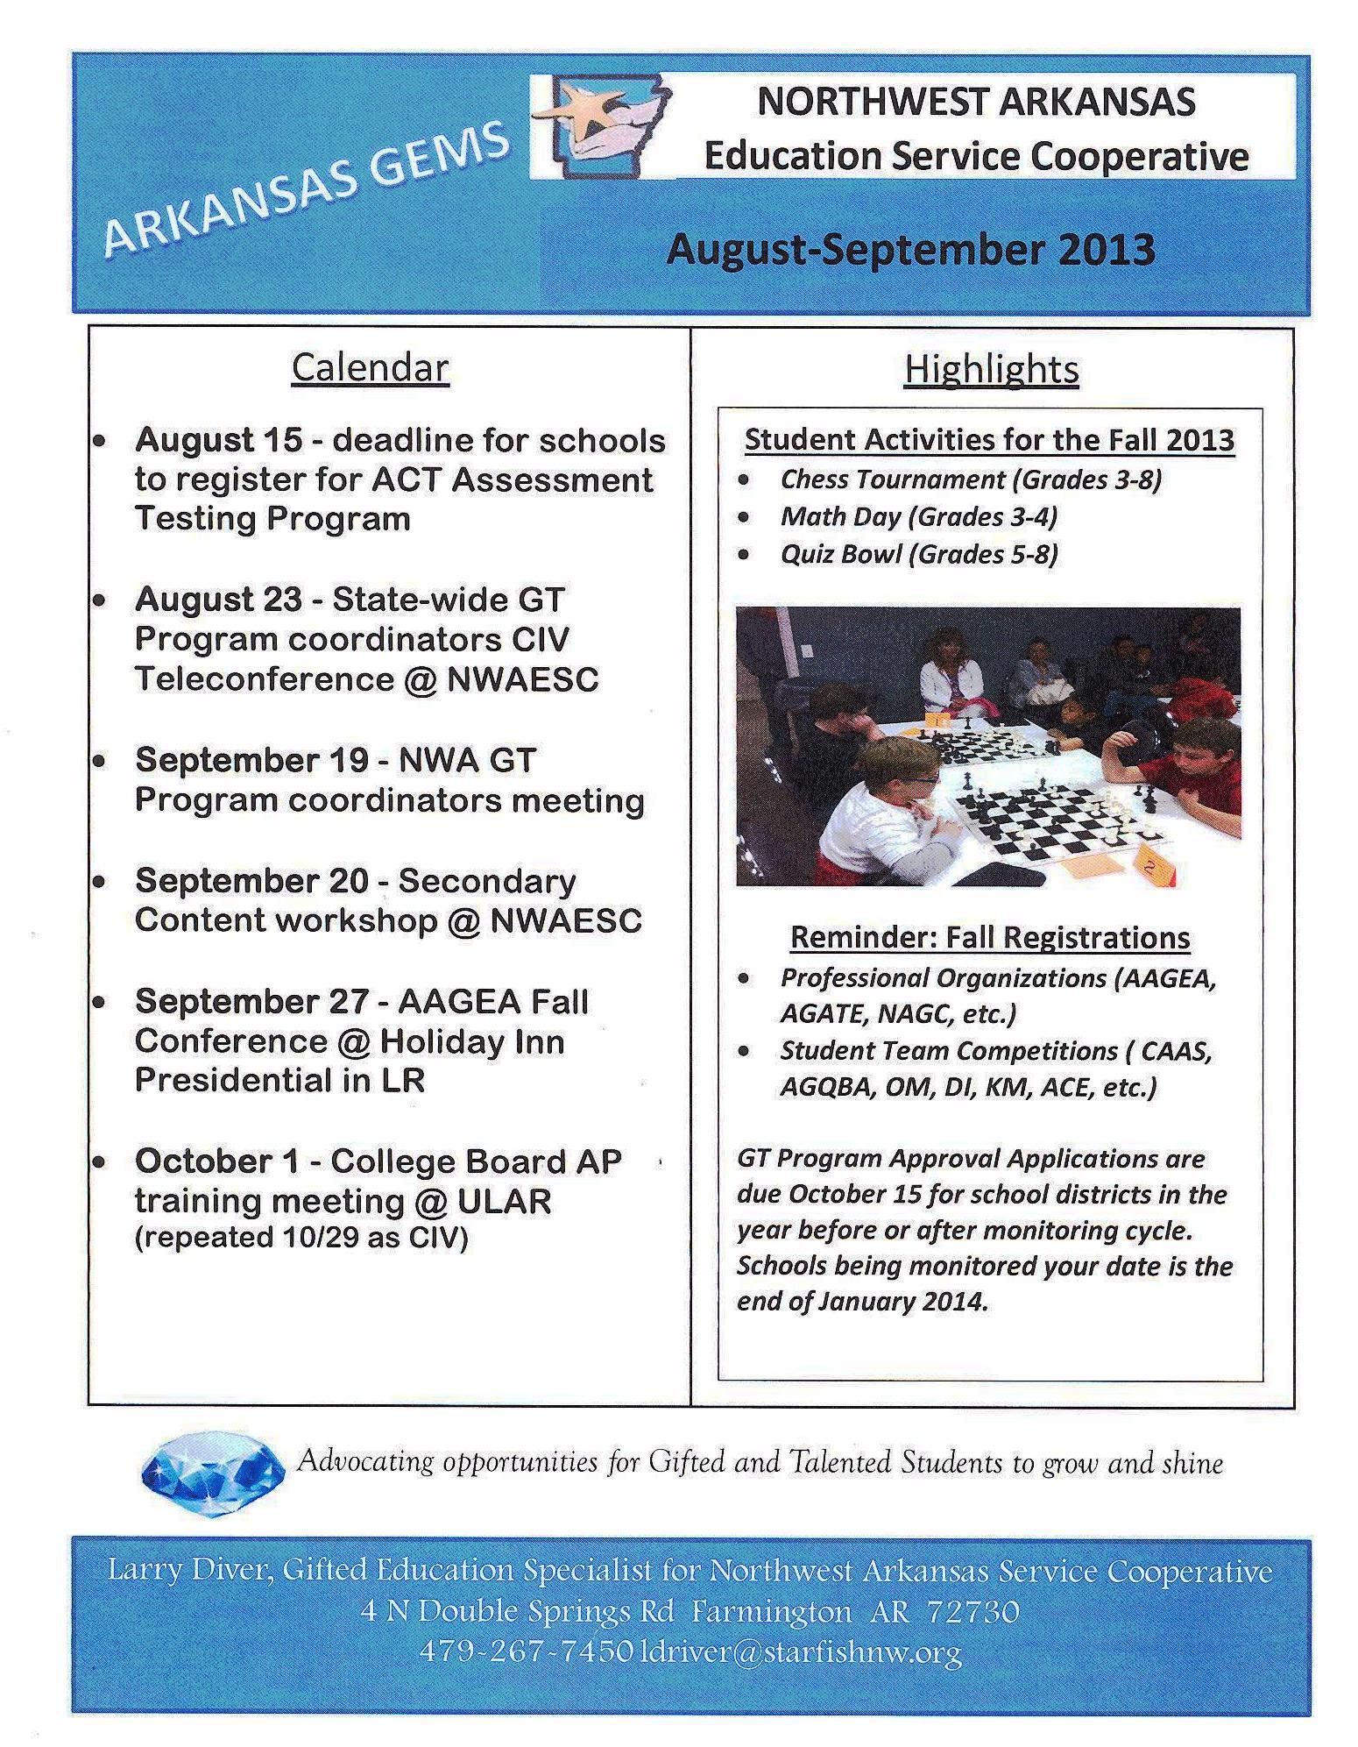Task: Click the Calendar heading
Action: [370, 367]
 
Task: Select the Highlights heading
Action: [991, 369]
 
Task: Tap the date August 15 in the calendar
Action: [218, 440]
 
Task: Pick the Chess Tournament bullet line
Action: [970, 479]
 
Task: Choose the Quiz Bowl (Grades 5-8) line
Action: [919, 554]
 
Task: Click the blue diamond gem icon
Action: [213, 1463]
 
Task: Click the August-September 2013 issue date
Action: [910, 250]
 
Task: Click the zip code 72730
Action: [973, 1612]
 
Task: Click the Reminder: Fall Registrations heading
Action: [989, 937]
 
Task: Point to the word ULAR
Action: [504, 1201]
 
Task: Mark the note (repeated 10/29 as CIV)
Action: [301, 1237]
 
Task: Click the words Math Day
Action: [839, 517]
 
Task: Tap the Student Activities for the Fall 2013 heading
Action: [989, 439]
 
